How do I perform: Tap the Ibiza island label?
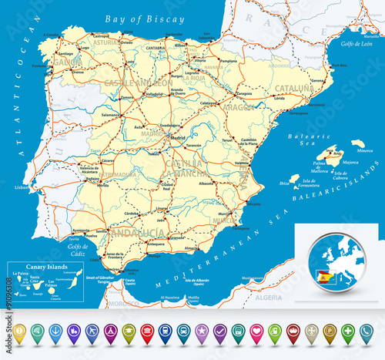284,183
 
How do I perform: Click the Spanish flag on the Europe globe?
324,275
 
